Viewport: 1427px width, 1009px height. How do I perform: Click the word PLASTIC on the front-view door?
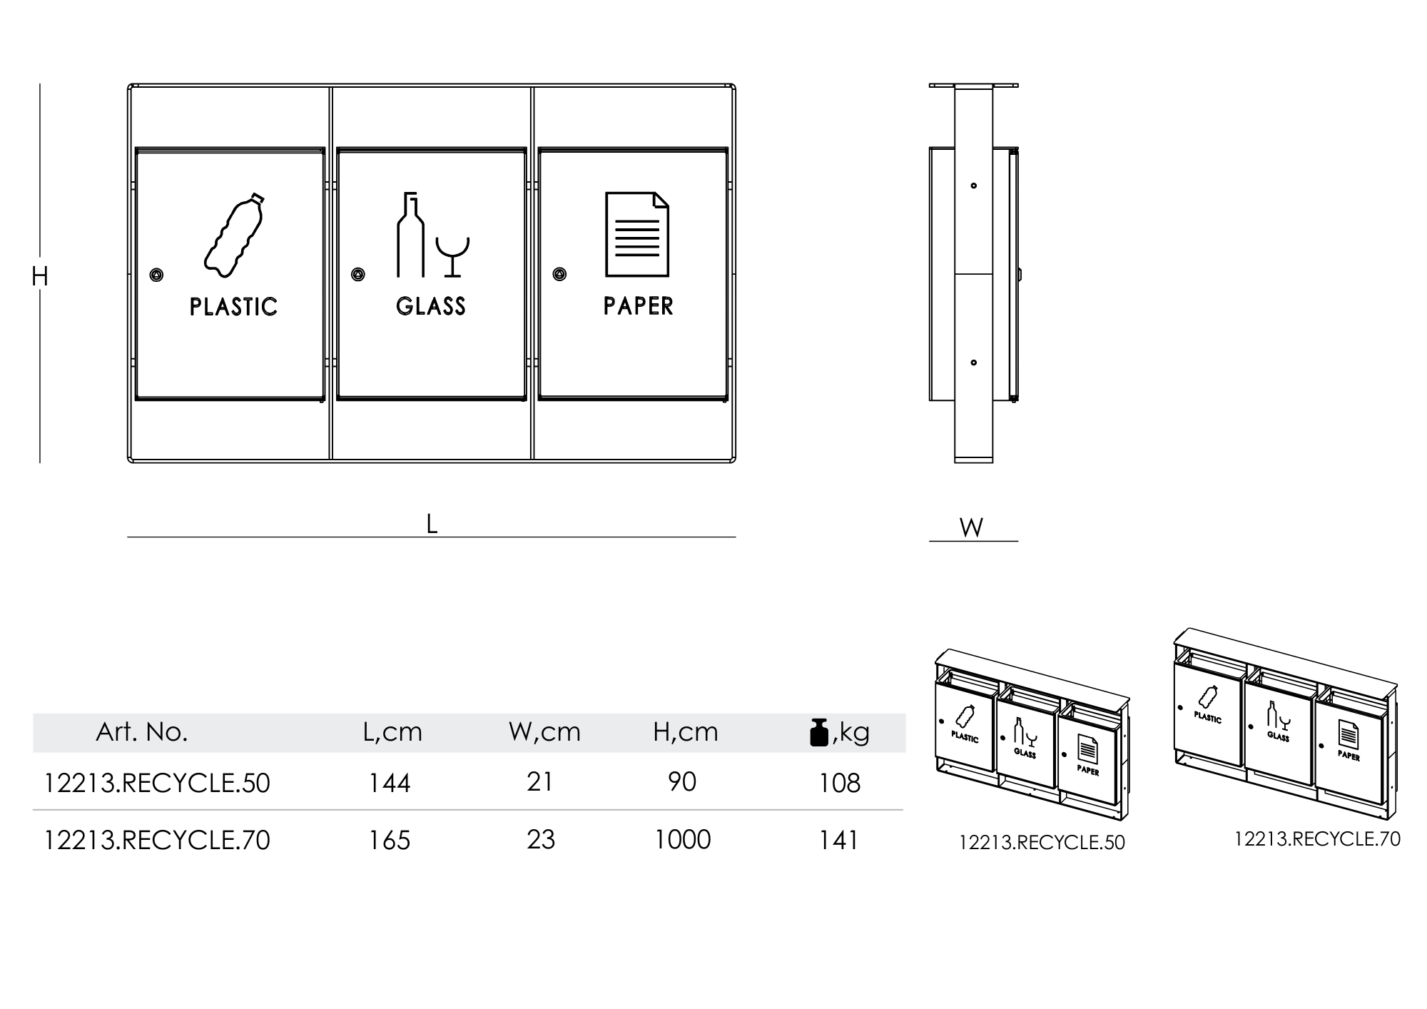coord(233,307)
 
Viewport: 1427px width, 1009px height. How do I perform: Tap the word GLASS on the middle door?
coord(431,306)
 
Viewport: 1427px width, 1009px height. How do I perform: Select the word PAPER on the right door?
coord(638,306)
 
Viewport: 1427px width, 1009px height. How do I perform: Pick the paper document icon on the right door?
coord(637,234)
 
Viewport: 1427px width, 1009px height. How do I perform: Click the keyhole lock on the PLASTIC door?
coord(156,275)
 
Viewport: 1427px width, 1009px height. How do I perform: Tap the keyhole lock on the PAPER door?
coord(559,274)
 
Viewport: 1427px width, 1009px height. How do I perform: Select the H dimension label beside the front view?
coord(39,276)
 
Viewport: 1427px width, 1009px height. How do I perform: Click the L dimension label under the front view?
coord(432,524)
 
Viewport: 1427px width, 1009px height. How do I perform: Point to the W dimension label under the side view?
coord(971,528)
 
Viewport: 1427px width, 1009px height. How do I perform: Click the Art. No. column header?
coord(141,732)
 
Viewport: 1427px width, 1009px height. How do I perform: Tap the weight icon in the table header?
coord(819,732)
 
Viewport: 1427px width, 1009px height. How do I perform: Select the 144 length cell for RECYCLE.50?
coord(390,784)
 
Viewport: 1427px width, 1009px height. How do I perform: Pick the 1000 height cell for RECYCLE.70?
coord(683,840)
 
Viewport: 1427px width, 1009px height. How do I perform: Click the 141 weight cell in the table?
coord(839,841)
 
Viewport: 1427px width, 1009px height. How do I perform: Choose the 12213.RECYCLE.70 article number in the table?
coord(157,841)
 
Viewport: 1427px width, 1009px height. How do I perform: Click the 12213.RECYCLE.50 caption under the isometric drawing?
coord(1042,843)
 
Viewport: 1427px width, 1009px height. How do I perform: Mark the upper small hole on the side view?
coord(974,186)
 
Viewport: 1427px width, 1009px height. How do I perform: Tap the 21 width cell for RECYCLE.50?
coord(540,783)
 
